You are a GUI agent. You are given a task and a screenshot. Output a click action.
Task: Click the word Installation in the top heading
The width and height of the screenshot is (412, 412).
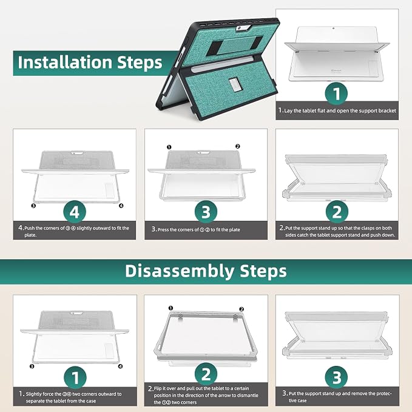coord(65,62)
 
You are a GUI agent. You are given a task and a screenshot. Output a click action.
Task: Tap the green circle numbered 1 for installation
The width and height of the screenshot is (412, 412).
coord(337,94)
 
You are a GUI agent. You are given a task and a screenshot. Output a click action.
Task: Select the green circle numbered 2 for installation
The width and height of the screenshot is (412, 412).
coord(337,212)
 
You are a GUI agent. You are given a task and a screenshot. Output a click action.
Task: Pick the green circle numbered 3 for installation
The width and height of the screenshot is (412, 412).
coord(206,212)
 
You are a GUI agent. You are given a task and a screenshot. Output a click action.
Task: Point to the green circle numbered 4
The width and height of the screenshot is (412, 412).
coord(75,212)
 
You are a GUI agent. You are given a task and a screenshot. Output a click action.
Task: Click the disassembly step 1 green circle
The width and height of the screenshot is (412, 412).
coord(75,377)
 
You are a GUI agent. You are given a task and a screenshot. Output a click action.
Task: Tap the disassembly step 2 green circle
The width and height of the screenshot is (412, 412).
coord(206,374)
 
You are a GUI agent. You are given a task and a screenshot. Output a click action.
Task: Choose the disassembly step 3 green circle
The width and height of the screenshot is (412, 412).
coord(337,377)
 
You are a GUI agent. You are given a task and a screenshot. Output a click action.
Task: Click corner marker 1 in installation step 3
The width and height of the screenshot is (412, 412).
coord(169,147)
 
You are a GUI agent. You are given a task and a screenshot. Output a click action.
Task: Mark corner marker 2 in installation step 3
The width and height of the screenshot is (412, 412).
coord(238,146)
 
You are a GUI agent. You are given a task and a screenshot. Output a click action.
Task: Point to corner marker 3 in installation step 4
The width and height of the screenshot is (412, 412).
coord(33,206)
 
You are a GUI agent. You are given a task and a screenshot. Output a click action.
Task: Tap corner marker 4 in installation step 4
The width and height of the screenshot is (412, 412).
coord(121,206)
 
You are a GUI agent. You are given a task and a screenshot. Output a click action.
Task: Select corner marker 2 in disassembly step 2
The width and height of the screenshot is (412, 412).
coord(241,309)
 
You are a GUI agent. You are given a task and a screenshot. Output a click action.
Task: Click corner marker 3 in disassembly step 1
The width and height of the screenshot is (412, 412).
coord(32,366)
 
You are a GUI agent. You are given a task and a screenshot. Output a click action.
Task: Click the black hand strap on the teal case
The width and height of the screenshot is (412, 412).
coord(234,46)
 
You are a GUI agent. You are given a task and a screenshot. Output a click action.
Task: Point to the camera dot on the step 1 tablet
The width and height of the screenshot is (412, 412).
coord(333,28)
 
